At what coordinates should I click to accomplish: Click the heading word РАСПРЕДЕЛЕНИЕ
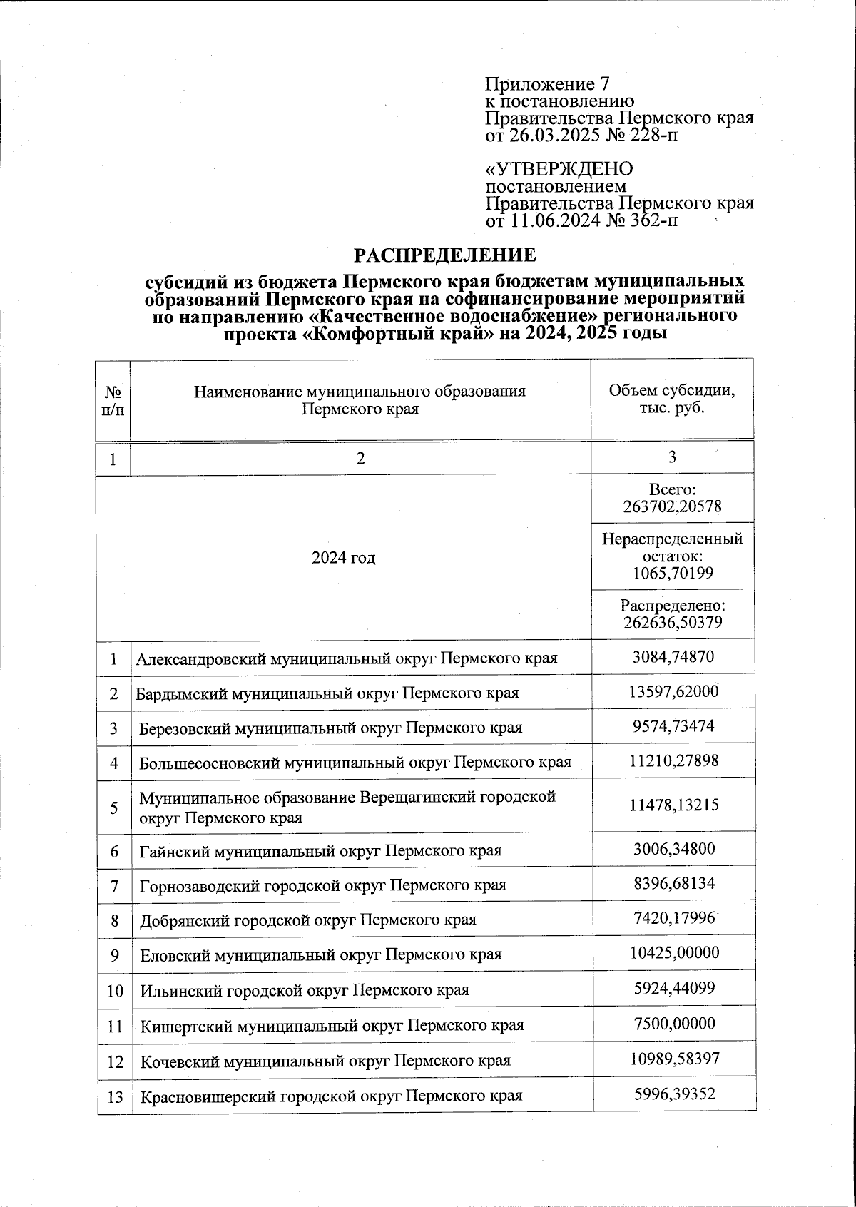point(446,255)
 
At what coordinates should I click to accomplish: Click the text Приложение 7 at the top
point(546,83)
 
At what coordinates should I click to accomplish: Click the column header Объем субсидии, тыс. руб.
point(672,399)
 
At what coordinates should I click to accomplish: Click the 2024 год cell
point(344,557)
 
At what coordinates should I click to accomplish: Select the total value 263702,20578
point(673,507)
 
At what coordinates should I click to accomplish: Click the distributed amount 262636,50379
point(673,623)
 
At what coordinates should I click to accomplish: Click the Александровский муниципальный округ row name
point(347,658)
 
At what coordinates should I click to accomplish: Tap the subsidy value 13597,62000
point(673,692)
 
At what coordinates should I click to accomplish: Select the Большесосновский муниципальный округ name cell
point(355,762)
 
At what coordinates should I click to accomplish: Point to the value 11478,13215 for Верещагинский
point(673,805)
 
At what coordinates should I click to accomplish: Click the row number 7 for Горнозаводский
point(114,885)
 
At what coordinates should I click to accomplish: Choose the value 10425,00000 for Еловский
point(673,954)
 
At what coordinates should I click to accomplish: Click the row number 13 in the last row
point(115,1096)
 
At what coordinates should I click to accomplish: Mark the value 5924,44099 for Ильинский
point(673,989)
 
